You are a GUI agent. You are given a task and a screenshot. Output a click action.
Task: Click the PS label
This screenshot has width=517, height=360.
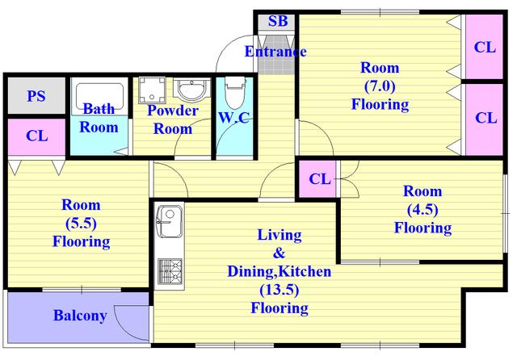pyautogui.click(x=36, y=96)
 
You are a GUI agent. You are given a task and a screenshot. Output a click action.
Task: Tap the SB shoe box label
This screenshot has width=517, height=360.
pyautogui.click(x=278, y=21)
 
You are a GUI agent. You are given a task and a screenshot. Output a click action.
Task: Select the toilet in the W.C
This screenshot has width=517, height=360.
pyautogui.click(x=235, y=92)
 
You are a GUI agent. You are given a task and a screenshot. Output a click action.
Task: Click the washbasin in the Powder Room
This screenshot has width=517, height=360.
pyautogui.click(x=191, y=90)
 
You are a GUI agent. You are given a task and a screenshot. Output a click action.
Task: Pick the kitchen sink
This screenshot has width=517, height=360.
pyautogui.click(x=170, y=221)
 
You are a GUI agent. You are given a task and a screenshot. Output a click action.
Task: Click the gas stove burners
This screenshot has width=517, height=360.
pyautogui.click(x=170, y=271)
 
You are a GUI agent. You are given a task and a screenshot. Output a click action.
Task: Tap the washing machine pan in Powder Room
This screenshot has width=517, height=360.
pyautogui.click(x=152, y=90)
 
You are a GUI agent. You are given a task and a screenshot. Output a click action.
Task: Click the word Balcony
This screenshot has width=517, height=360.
pyautogui.click(x=80, y=316)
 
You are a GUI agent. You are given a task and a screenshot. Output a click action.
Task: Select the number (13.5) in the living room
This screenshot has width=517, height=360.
pyautogui.click(x=279, y=290)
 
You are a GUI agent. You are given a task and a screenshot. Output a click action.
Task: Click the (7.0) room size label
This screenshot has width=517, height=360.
pyautogui.click(x=380, y=86)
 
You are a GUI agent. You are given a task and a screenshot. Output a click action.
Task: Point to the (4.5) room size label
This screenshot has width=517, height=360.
pyautogui.click(x=422, y=210)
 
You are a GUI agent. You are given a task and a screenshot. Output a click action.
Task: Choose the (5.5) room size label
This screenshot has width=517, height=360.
pyautogui.click(x=81, y=224)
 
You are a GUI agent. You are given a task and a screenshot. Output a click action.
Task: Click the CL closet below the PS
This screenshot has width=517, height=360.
pyautogui.click(x=36, y=136)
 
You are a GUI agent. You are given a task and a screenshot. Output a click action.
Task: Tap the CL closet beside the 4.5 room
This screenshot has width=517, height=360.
pyautogui.click(x=319, y=179)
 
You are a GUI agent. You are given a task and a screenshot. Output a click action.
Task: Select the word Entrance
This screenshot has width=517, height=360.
pyautogui.click(x=275, y=52)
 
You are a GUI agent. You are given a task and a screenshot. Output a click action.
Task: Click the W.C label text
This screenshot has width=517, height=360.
pyautogui.click(x=233, y=118)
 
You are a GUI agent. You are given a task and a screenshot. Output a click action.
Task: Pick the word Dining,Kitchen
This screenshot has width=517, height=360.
pyautogui.click(x=279, y=271)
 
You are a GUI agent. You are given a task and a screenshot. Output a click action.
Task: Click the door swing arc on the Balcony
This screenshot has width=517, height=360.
pyautogui.click(x=131, y=323)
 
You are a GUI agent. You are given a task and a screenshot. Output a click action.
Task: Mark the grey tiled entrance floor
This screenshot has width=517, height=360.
pyautogui.click(x=275, y=53)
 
